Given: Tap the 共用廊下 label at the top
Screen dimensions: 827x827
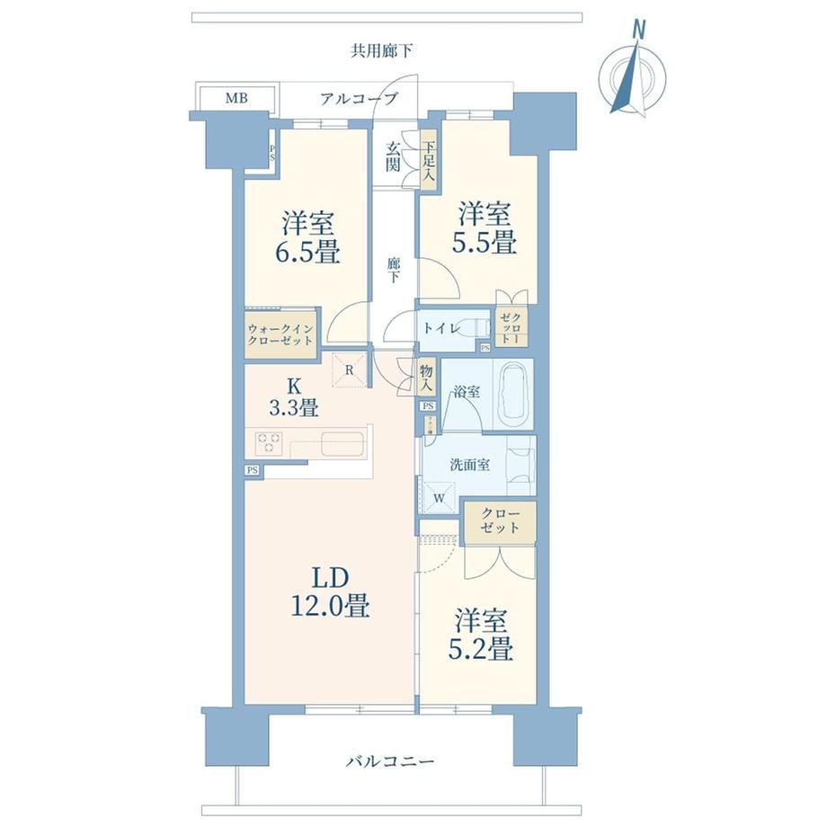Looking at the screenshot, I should click(x=382, y=51).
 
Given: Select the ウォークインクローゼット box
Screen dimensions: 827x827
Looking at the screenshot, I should click(x=280, y=334).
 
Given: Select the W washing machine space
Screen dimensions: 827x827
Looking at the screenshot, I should click(x=440, y=494).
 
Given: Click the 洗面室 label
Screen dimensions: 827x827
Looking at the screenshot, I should click(x=469, y=465).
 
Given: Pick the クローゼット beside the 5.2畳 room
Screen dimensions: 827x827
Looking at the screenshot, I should click(x=500, y=521).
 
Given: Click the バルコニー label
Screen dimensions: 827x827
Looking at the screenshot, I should click(x=390, y=761).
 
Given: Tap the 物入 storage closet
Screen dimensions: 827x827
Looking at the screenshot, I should click(x=427, y=376).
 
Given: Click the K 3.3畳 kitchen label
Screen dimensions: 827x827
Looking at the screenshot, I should click(x=294, y=395).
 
